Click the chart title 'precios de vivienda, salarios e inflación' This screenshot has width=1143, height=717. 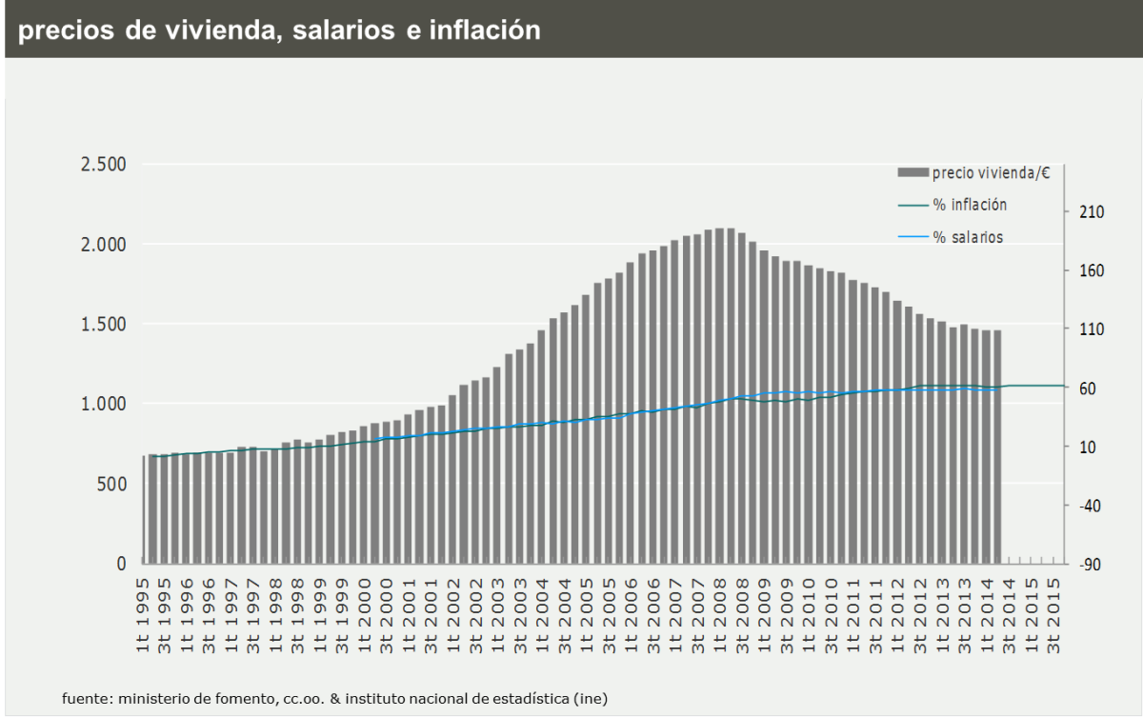279,30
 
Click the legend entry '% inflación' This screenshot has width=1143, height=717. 970,205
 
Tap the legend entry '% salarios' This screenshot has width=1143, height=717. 968,237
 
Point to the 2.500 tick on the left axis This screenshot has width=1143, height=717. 102,164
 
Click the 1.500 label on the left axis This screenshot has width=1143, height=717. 102,324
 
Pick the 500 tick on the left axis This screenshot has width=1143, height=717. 110,484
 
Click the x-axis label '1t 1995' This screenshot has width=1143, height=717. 143,614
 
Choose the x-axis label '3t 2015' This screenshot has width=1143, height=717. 1054,614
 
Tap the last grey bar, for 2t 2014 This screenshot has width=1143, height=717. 997,448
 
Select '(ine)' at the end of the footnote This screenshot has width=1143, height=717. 591,698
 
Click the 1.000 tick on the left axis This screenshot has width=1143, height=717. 102,404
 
